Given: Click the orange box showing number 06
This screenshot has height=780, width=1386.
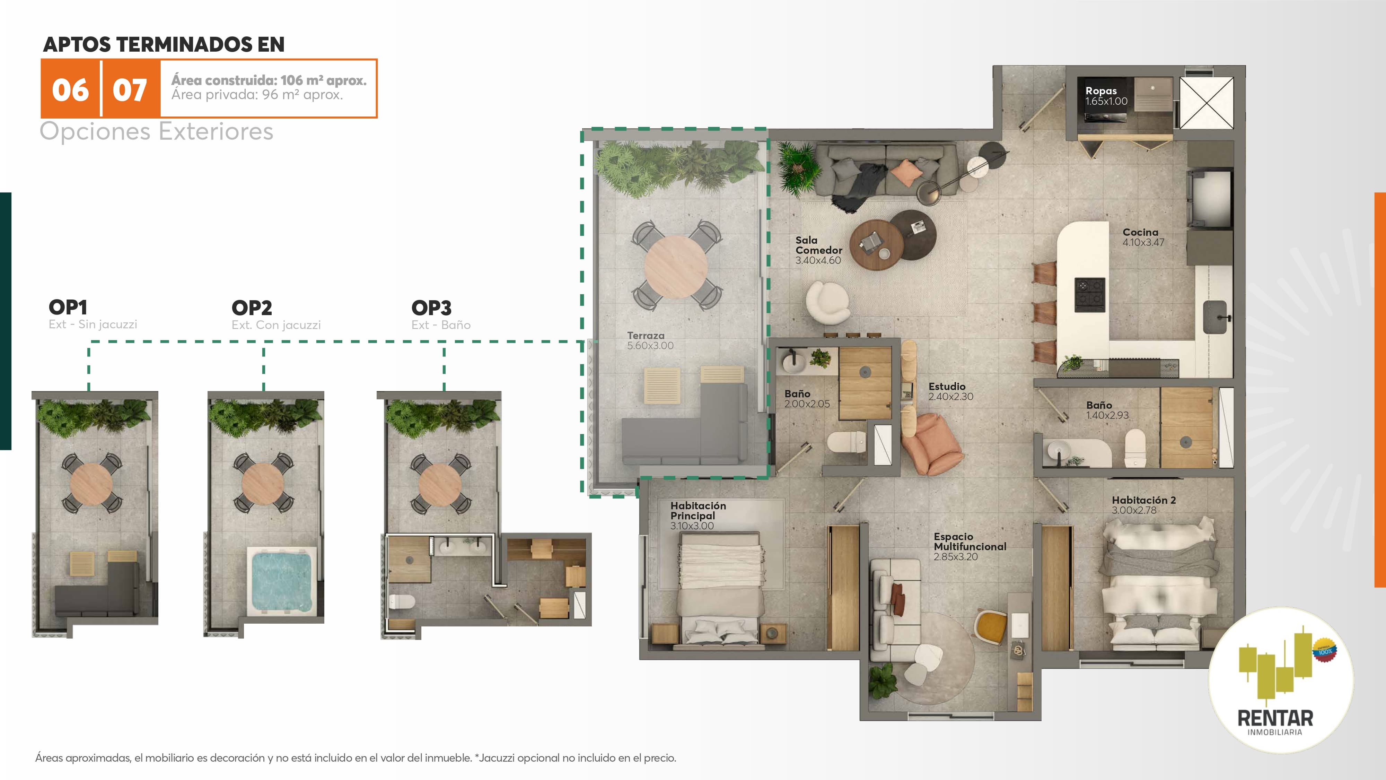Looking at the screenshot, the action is (x=70, y=89).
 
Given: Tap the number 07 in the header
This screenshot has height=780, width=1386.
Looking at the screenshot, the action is (x=130, y=90).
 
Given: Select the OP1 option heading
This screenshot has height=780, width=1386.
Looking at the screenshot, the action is (x=68, y=307).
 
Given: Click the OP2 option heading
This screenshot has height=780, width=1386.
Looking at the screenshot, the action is (x=252, y=308).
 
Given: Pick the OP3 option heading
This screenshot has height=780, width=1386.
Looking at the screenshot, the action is (x=431, y=308).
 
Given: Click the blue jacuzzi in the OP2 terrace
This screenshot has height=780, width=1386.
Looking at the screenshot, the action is (x=281, y=580).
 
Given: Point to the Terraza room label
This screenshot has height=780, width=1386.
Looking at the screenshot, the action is (x=646, y=335).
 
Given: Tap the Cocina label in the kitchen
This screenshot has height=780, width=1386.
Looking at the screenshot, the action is (x=1140, y=232).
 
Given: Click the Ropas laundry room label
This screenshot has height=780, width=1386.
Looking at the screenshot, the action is (x=1101, y=90).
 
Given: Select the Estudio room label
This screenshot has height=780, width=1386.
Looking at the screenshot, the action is (x=947, y=386).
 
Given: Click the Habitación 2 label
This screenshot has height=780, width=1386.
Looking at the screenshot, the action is (x=1144, y=500).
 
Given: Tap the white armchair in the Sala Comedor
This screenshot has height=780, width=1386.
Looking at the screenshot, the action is (x=827, y=302).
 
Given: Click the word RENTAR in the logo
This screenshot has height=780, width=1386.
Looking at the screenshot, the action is (x=1275, y=718).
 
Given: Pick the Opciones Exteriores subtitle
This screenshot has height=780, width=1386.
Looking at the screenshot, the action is (x=157, y=131).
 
